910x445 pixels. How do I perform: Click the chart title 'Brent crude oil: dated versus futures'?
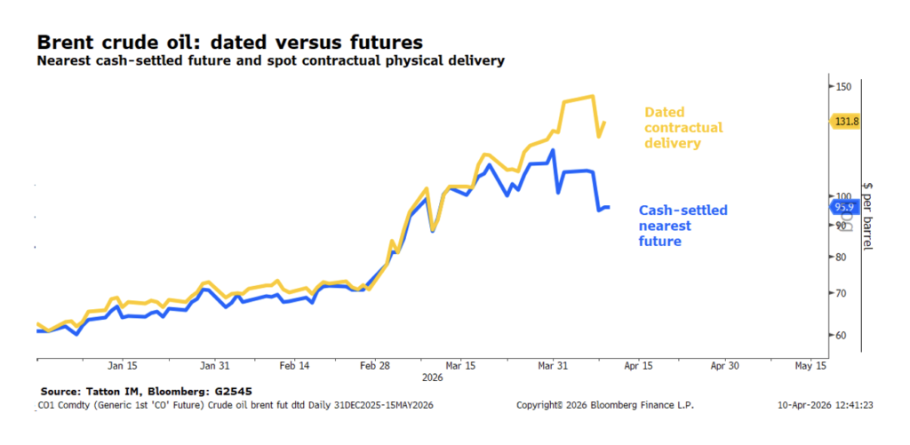[x=229, y=42]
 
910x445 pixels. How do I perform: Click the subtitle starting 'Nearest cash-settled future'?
[x=271, y=61]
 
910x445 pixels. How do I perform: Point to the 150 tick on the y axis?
[x=842, y=86]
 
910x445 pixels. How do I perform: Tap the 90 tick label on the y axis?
[x=840, y=226]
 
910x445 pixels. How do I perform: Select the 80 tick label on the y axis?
[x=840, y=258]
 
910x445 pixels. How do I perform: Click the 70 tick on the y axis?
[x=840, y=293]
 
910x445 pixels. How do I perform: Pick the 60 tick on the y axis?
[x=840, y=336]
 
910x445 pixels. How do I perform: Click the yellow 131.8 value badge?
[x=846, y=121]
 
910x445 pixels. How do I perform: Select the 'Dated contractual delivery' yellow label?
[x=682, y=127]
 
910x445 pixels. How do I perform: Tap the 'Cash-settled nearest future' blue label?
[x=682, y=225]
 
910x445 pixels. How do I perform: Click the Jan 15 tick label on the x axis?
[x=123, y=365]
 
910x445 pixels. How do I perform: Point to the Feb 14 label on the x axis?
[x=294, y=365]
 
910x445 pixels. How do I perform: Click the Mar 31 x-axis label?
[x=553, y=365]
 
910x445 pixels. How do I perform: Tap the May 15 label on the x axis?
[x=810, y=365]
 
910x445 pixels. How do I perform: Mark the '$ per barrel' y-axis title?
[x=867, y=213]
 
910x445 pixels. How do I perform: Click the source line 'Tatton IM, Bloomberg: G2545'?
[x=151, y=391]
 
